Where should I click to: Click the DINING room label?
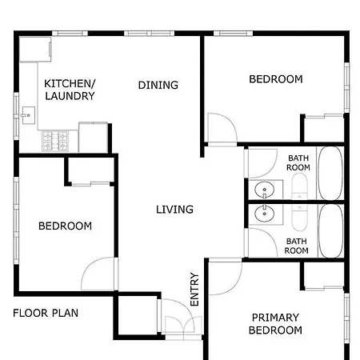tap(158, 85)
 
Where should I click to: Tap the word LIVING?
tap(174, 210)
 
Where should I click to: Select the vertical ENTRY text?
tap(194, 290)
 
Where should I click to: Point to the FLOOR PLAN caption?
tap(46, 313)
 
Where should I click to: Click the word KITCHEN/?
tap(70, 83)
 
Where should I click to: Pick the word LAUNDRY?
tap(70, 96)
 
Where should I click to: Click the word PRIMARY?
tap(275, 318)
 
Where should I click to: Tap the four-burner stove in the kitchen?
tap(55, 141)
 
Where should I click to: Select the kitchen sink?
tap(28, 115)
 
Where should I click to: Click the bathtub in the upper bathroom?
tap(330, 173)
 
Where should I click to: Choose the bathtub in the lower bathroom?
tap(330, 231)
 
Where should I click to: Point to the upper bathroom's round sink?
tap(265, 190)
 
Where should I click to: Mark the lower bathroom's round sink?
tap(265, 214)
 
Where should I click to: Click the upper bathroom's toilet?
tap(299, 186)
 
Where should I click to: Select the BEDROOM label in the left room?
tap(65, 226)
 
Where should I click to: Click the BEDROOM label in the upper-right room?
tap(276, 79)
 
